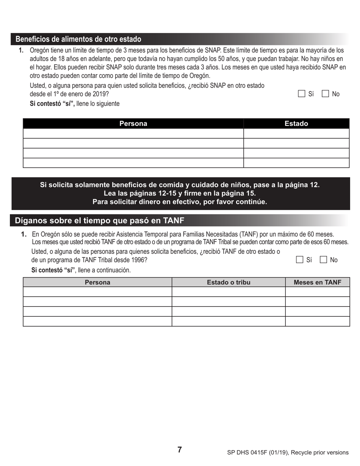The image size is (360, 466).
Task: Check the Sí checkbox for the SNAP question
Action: point(302,94)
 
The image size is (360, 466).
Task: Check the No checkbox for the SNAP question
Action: point(325,94)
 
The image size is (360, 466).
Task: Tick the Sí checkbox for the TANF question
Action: point(300,260)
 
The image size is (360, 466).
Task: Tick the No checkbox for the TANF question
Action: point(324,260)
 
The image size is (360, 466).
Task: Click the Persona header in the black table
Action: point(133,124)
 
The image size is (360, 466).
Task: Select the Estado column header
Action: point(296,124)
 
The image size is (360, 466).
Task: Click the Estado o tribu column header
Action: point(229,282)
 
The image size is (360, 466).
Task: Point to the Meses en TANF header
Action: point(317,282)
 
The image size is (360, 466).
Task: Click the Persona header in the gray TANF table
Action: point(97,282)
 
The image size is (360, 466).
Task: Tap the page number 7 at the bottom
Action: point(180,450)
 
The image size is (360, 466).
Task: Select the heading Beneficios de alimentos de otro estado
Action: point(78,39)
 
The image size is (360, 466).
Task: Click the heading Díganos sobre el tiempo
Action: point(99,220)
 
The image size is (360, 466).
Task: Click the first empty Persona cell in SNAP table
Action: point(133,133)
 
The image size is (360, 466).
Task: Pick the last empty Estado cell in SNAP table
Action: point(296,163)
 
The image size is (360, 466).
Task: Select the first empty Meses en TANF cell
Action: point(317,292)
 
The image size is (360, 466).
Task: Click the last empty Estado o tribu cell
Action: point(229,321)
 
